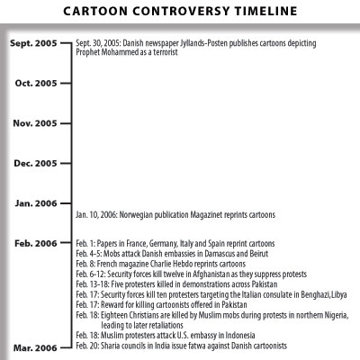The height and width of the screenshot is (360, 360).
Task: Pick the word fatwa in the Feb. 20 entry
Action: (x=186, y=346)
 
